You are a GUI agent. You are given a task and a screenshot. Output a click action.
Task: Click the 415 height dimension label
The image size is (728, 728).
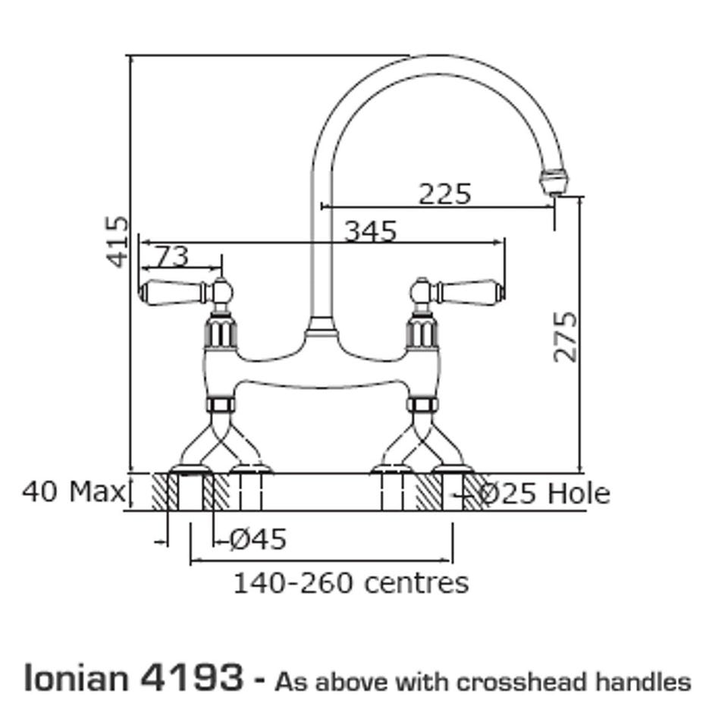[x=117, y=241]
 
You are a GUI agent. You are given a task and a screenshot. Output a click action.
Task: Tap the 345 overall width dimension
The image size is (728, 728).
[x=371, y=231]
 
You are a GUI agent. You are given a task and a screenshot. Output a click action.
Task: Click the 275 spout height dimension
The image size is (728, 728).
[x=566, y=336]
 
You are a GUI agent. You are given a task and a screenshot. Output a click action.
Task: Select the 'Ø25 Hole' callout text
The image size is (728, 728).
[x=544, y=493]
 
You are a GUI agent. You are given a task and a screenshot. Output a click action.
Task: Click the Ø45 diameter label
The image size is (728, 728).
[x=258, y=539]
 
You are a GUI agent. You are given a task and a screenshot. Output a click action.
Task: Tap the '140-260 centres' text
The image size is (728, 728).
[x=350, y=583]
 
